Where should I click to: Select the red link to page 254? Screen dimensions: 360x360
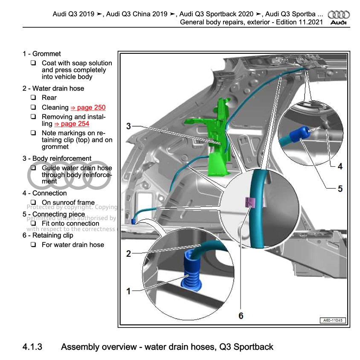point(72,124)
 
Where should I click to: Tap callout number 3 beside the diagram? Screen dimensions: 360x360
point(128,126)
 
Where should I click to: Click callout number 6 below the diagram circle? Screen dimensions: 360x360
point(241,316)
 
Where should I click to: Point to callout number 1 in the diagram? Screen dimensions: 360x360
point(128,291)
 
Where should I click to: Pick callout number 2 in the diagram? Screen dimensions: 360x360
point(128,254)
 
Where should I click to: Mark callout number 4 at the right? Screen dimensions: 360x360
point(340,166)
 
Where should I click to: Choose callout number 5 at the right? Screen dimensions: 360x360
point(340,188)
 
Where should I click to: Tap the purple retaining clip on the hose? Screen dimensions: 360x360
point(250,202)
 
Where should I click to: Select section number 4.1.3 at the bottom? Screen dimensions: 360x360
point(32,347)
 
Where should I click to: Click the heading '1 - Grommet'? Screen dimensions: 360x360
point(41,54)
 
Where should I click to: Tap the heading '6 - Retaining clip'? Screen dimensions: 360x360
point(48,235)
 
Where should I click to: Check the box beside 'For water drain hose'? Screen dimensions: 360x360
point(33,245)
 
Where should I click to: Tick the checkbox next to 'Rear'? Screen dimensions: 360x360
point(33,98)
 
